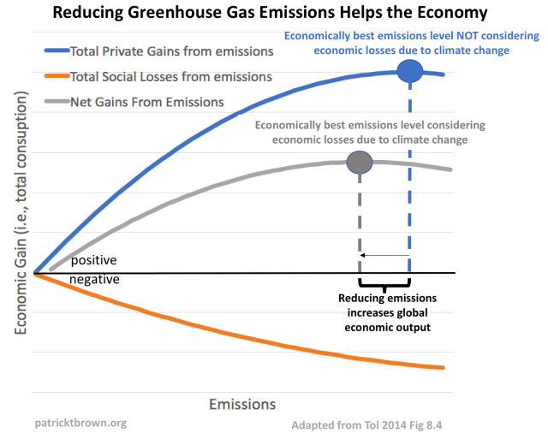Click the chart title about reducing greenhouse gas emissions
[x=274, y=14]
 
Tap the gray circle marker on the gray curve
[x=360, y=163]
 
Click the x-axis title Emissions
[x=241, y=403]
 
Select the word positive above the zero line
[x=93, y=260]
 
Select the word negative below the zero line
[x=94, y=280]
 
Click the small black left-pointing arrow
[x=384, y=255]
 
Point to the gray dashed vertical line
[x=360, y=222]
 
